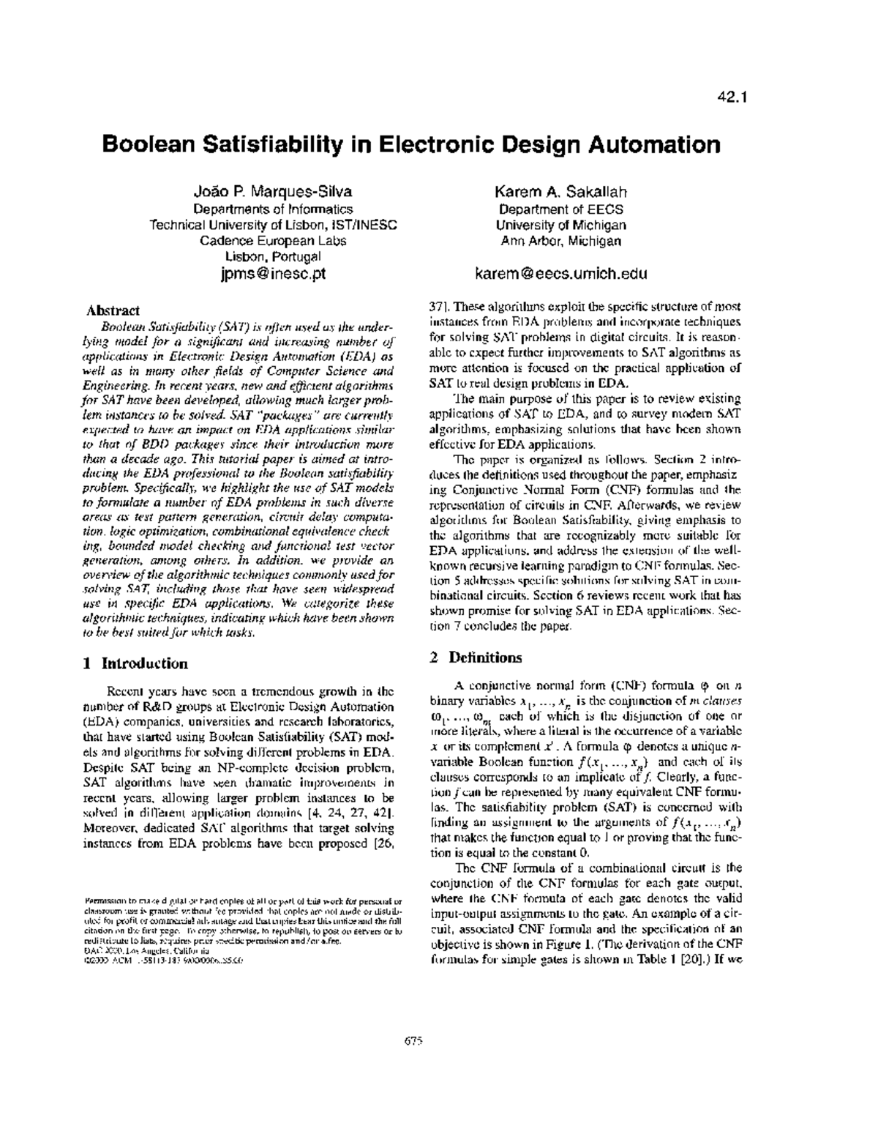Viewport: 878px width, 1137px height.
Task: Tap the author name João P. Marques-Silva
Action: click(x=272, y=193)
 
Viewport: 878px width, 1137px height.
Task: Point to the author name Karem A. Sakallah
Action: click(x=560, y=193)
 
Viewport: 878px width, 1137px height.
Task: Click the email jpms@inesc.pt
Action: click(x=272, y=275)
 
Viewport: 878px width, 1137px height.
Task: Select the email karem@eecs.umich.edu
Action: click(x=560, y=275)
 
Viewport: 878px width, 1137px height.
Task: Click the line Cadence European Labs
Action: click(x=272, y=241)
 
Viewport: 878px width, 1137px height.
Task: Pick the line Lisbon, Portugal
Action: click(x=272, y=257)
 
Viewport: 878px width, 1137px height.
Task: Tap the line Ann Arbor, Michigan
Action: click(x=560, y=241)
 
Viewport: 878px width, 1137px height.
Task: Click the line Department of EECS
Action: click(x=560, y=209)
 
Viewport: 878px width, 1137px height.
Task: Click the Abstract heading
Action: click(x=113, y=310)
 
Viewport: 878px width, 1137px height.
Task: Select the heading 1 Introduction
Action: click(x=136, y=663)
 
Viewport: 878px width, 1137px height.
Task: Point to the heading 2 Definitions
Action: click(x=476, y=657)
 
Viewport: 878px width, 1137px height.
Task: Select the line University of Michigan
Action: click(x=560, y=225)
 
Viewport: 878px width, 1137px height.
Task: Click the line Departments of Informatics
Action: click(x=272, y=209)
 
